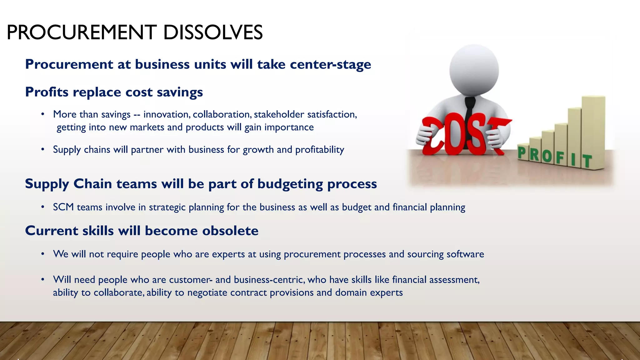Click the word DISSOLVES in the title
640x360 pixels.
tap(213, 32)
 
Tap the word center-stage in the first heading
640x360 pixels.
tap(330, 64)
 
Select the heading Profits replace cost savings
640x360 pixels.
tap(114, 92)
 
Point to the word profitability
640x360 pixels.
tap(319, 150)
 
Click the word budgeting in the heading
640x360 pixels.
tap(290, 184)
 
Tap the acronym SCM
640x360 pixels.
tap(63, 207)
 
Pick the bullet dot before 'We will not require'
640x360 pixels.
tap(42, 254)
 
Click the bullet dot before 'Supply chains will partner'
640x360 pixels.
tap(42, 150)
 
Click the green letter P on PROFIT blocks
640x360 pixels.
tap(522, 153)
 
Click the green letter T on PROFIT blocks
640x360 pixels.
tap(587, 161)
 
